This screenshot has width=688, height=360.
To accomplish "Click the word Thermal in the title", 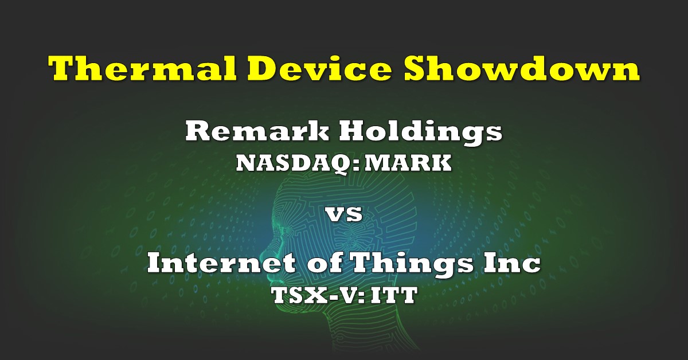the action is [142, 68].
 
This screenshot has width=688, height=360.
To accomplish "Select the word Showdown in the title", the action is [522, 68].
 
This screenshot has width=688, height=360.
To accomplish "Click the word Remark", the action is [257, 131].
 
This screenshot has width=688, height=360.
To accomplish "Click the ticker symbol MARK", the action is [408, 163].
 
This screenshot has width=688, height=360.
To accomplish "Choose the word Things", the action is [411, 264].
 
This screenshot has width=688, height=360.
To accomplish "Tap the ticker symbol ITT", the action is [394, 295].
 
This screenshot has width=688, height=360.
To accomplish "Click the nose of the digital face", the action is [265, 251].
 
